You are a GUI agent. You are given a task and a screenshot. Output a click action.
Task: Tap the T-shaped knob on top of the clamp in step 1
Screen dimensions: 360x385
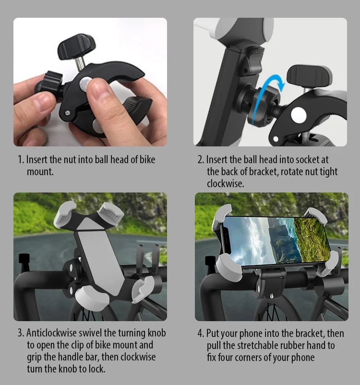click(x=72, y=46)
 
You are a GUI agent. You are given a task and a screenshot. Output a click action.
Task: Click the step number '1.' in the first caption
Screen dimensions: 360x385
click(x=21, y=159)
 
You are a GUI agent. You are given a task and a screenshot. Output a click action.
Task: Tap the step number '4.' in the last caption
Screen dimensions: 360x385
click(x=201, y=333)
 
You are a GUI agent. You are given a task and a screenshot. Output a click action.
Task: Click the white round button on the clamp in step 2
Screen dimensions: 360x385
click(x=299, y=115)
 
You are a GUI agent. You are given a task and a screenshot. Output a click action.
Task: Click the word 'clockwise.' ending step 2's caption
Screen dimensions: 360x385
click(x=226, y=184)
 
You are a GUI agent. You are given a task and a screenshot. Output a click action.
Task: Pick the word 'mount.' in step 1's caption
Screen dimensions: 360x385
click(x=40, y=172)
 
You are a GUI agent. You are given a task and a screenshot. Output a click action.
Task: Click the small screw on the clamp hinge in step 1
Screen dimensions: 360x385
click(x=68, y=113)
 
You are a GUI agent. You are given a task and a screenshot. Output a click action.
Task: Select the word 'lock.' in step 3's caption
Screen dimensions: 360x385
click(x=96, y=369)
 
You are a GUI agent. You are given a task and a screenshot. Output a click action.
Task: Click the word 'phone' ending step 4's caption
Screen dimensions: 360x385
click(x=303, y=358)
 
